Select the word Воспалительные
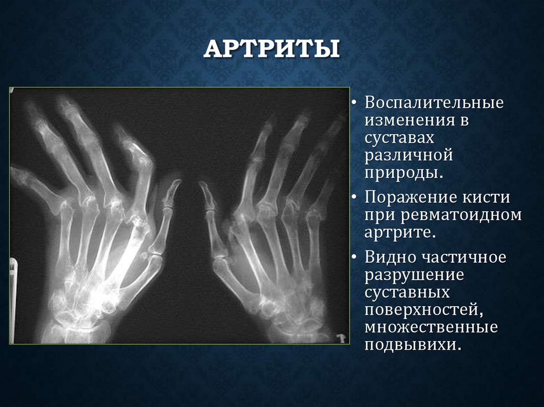[x=433, y=102]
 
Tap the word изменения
[x=408, y=120]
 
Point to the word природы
[x=403, y=174]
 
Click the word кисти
[x=488, y=198]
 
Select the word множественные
[x=431, y=327]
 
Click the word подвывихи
[x=411, y=345]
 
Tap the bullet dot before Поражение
[x=354, y=198]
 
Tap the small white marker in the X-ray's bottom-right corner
[x=341, y=336]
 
